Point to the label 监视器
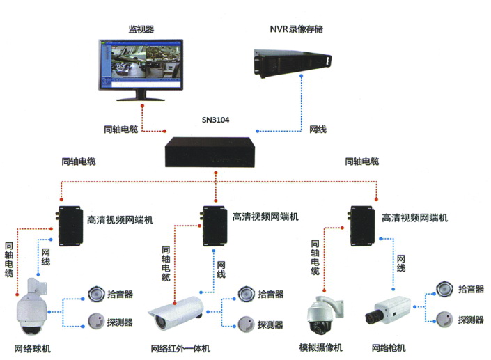coord(141,29)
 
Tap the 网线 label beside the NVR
coord(318,130)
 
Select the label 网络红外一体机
coord(180,348)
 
